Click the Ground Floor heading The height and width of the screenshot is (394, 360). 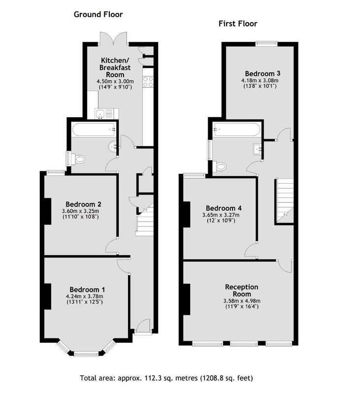98,14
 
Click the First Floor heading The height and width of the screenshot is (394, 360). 238,24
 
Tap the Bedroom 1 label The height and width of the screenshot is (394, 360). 87,290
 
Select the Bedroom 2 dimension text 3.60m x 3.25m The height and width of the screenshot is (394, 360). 80,211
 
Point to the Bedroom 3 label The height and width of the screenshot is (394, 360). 262,73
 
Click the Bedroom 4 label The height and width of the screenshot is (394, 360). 224,208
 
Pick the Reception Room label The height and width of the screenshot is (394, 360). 242,291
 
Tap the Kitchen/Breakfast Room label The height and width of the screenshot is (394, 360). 115,67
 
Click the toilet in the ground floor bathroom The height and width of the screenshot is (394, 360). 77,159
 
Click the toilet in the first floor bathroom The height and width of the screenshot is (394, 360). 219,166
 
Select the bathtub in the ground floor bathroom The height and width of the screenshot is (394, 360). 95,130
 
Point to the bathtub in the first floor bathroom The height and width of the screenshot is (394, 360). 237,130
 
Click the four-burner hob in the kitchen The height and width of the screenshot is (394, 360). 148,82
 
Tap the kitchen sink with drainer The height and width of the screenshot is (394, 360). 106,114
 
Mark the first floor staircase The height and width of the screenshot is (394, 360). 285,200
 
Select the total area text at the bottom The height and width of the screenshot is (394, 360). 166,378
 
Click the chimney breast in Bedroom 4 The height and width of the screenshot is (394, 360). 186,215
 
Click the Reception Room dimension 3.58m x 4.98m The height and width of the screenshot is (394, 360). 242,301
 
